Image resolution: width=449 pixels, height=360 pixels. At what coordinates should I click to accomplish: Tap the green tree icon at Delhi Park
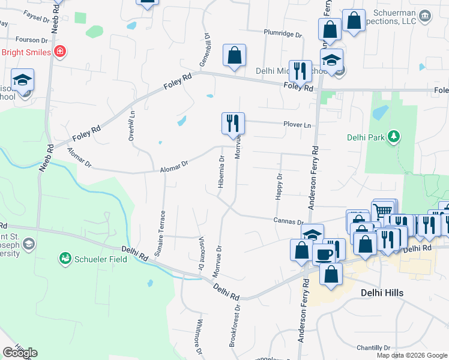(394, 137)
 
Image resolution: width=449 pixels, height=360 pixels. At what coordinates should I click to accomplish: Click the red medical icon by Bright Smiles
(59, 52)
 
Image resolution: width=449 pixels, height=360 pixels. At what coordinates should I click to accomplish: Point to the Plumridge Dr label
(283, 34)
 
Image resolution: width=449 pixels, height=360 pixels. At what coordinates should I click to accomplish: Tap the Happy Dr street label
(279, 187)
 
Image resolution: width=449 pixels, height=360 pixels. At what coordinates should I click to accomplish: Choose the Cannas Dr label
(288, 221)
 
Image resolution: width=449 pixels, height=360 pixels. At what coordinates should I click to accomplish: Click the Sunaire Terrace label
(160, 233)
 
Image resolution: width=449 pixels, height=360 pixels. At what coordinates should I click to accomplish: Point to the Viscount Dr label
(202, 251)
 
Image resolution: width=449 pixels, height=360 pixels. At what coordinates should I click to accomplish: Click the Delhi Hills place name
(382, 292)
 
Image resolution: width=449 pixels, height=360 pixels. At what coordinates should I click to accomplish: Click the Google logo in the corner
(20, 353)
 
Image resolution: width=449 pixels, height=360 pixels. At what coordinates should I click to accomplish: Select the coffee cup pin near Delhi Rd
(325, 253)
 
